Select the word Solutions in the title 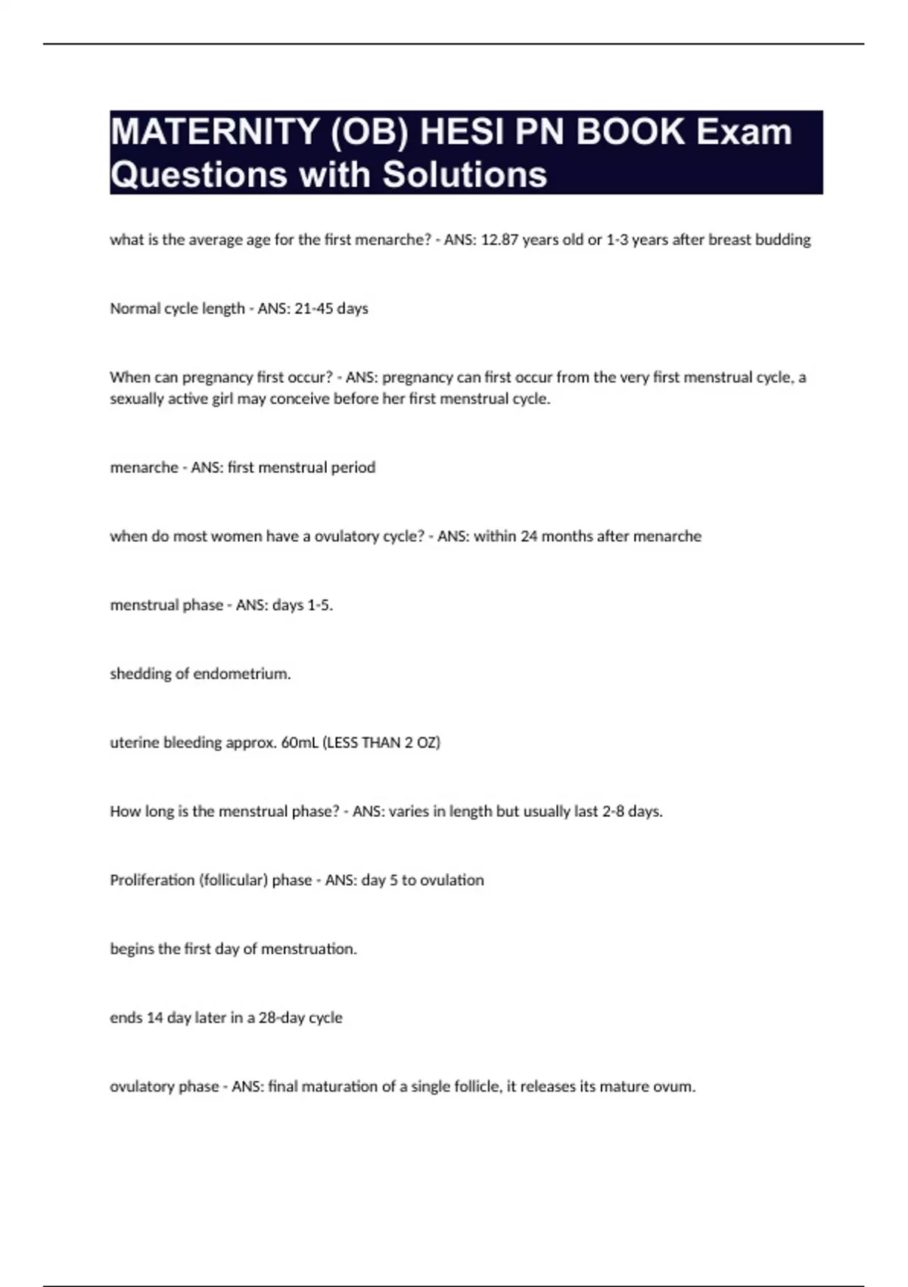pos(465,175)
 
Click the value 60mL pos(300,743)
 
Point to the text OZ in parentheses pos(428,743)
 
